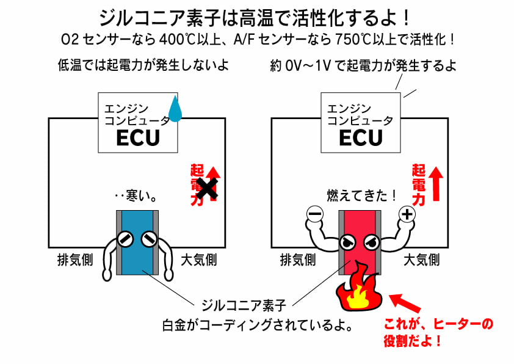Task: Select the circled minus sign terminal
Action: (x=314, y=214)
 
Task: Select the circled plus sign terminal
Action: (x=407, y=214)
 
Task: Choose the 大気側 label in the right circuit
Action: (x=421, y=260)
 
